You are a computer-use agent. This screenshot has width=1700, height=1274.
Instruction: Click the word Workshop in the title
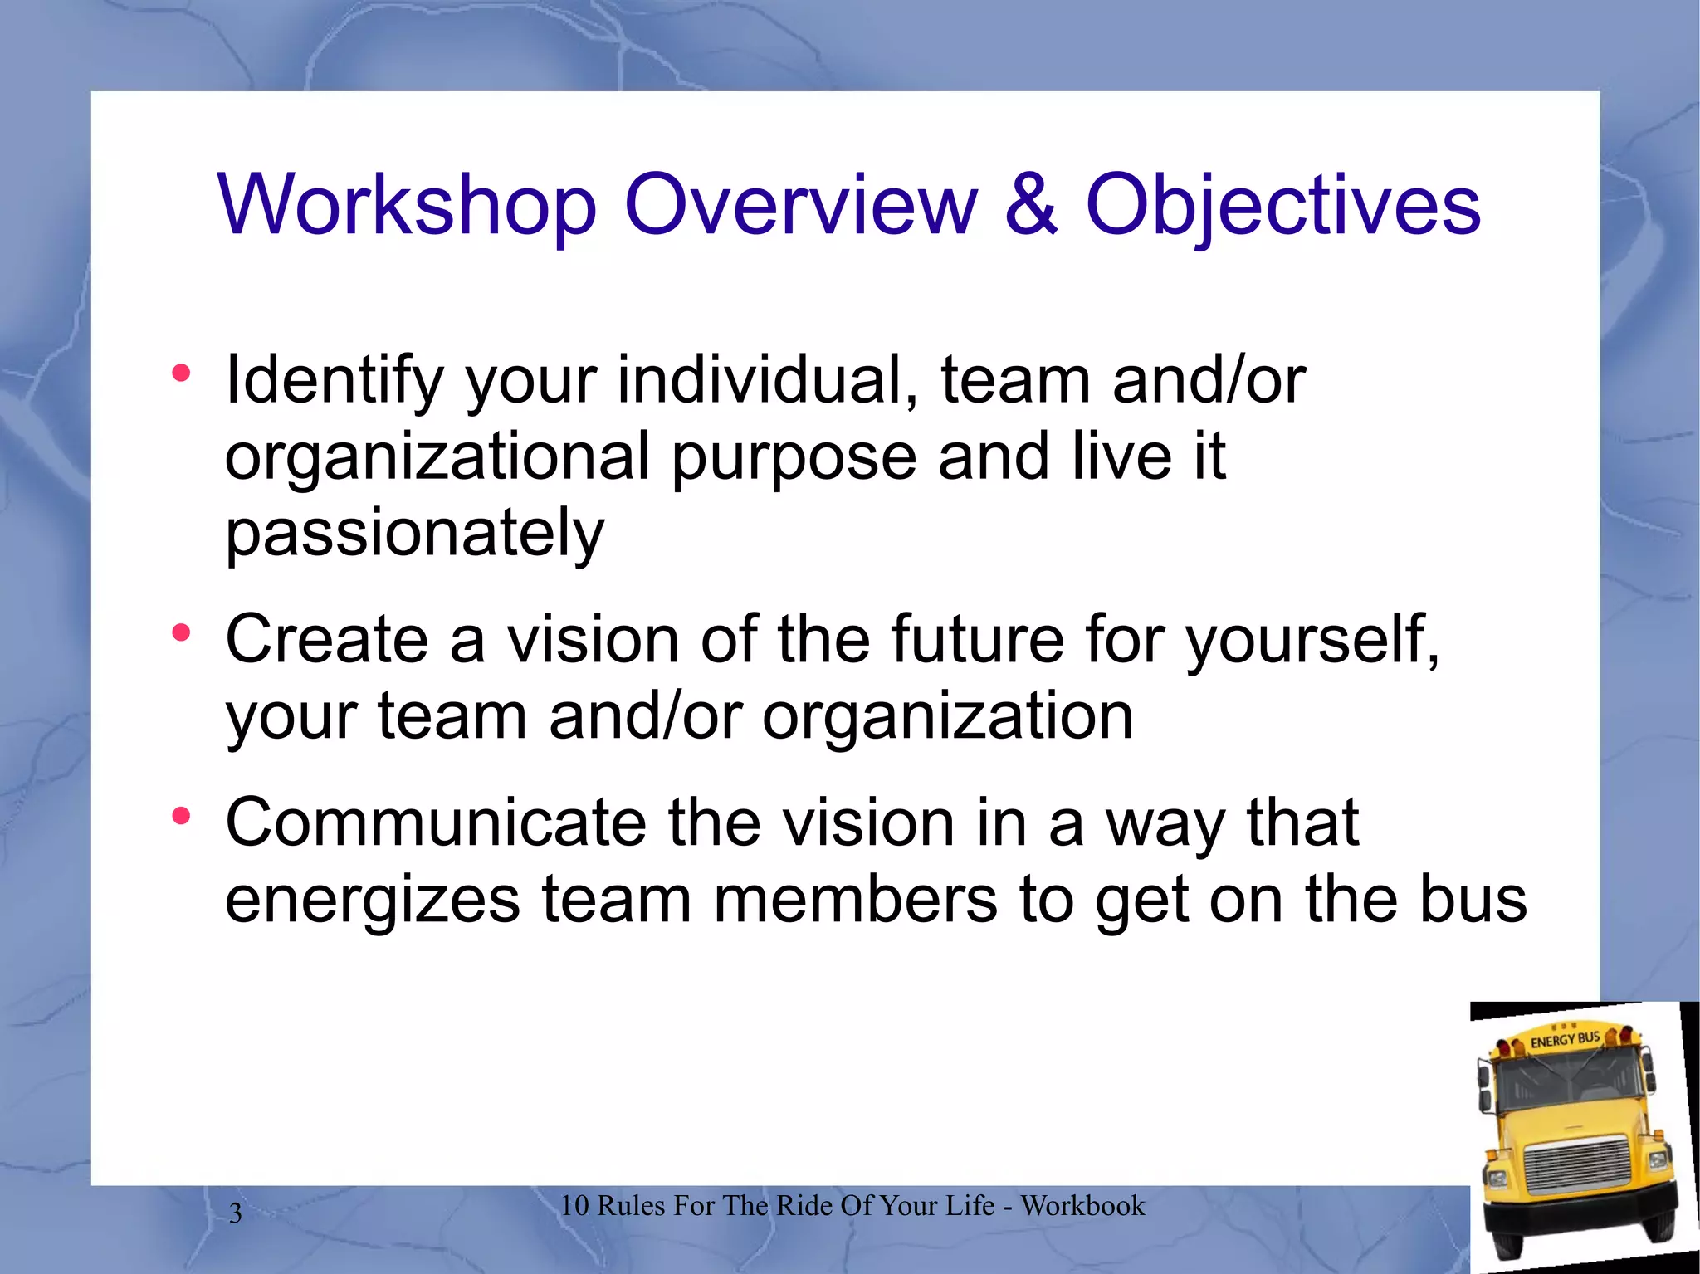(407, 205)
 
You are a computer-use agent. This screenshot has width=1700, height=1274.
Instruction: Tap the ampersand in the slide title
(1031, 205)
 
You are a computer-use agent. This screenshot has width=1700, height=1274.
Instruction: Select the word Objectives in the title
(1282, 205)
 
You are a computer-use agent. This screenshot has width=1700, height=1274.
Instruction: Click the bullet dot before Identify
(181, 373)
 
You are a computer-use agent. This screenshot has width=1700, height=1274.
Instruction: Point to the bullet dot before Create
(181, 633)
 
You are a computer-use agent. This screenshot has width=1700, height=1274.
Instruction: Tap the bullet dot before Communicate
(181, 817)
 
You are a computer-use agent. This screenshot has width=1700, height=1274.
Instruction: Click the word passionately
(415, 533)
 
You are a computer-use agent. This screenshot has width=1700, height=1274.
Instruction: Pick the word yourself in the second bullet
(1312, 640)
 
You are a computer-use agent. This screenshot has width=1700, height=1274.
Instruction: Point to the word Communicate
(436, 823)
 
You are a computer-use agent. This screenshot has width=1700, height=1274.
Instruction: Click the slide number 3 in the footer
(236, 1213)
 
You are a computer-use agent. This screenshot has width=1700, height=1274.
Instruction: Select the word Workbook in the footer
(1082, 1206)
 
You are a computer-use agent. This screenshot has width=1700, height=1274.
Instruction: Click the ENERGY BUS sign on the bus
(1564, 1040)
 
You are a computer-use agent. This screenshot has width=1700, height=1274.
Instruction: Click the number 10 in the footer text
(574, 1206)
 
